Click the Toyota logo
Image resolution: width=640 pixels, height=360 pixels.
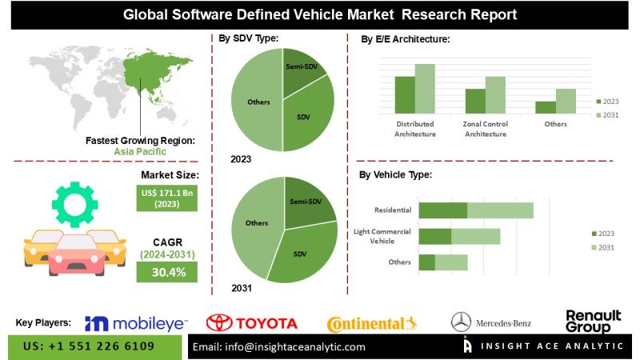click(252, 323)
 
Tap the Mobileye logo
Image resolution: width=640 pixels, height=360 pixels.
click(135, 323)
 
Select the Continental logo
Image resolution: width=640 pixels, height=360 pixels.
click(372, 324)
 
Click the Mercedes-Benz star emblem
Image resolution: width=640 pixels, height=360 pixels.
click(461, 322)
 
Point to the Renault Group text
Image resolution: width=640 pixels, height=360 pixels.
click(593, 322)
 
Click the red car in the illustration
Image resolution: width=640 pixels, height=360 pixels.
click(76, 254)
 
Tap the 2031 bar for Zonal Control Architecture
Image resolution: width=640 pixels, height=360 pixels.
click(495, 94)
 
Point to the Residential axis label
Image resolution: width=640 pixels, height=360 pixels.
click(393, 210)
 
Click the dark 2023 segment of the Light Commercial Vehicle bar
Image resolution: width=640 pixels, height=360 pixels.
click(435, 236)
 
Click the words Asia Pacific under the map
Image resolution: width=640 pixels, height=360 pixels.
click(140, 151)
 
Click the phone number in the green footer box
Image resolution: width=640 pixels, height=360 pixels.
click(90, 347)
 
